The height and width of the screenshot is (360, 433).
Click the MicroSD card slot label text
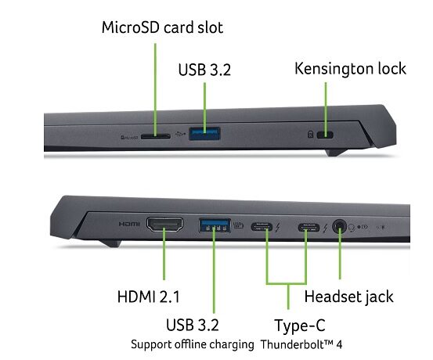162,27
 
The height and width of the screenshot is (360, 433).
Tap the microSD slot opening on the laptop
156,136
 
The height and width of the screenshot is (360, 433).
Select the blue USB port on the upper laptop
204,134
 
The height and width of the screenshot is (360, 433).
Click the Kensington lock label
351,68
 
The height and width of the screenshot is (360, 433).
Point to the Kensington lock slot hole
325,135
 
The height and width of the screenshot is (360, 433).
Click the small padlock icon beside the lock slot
310,135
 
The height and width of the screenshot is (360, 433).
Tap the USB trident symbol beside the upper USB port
181,135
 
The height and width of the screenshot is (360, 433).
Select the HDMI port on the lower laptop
164,224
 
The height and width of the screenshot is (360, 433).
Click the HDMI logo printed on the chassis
129,224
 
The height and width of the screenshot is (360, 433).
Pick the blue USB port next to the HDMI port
215,225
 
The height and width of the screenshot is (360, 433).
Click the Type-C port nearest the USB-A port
262,227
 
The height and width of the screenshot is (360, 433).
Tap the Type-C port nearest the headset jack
309,228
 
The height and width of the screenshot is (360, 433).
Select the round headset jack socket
339,227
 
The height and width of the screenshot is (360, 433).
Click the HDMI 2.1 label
149,297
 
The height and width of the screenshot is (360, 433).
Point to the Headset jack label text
348,297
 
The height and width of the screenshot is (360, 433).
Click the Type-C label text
300,326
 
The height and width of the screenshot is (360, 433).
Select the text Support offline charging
193,344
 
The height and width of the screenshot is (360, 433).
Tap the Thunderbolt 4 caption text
301,344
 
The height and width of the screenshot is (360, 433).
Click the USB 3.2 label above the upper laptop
204,70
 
